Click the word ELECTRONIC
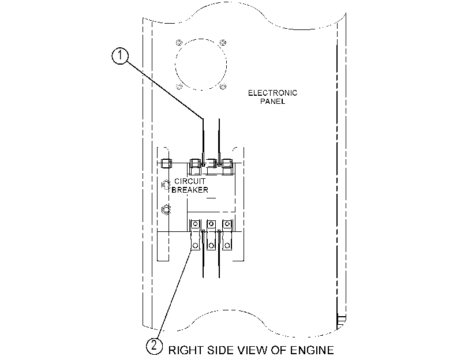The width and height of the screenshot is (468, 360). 273,93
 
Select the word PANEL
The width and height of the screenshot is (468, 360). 272,101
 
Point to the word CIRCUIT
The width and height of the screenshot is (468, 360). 190,181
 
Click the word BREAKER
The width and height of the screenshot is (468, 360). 190,190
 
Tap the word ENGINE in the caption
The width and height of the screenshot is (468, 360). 312,350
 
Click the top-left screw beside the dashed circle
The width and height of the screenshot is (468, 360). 179,43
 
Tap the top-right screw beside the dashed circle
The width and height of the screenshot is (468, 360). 223,43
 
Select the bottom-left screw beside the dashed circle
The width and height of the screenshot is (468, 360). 179,87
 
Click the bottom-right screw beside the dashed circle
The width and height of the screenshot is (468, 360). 223,87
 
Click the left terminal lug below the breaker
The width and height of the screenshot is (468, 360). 195,235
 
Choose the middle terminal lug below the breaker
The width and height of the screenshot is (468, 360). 211,235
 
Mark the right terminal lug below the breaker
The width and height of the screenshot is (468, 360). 227,235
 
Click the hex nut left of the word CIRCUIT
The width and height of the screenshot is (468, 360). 166,185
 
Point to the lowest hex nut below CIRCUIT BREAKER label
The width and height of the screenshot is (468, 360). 166,209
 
